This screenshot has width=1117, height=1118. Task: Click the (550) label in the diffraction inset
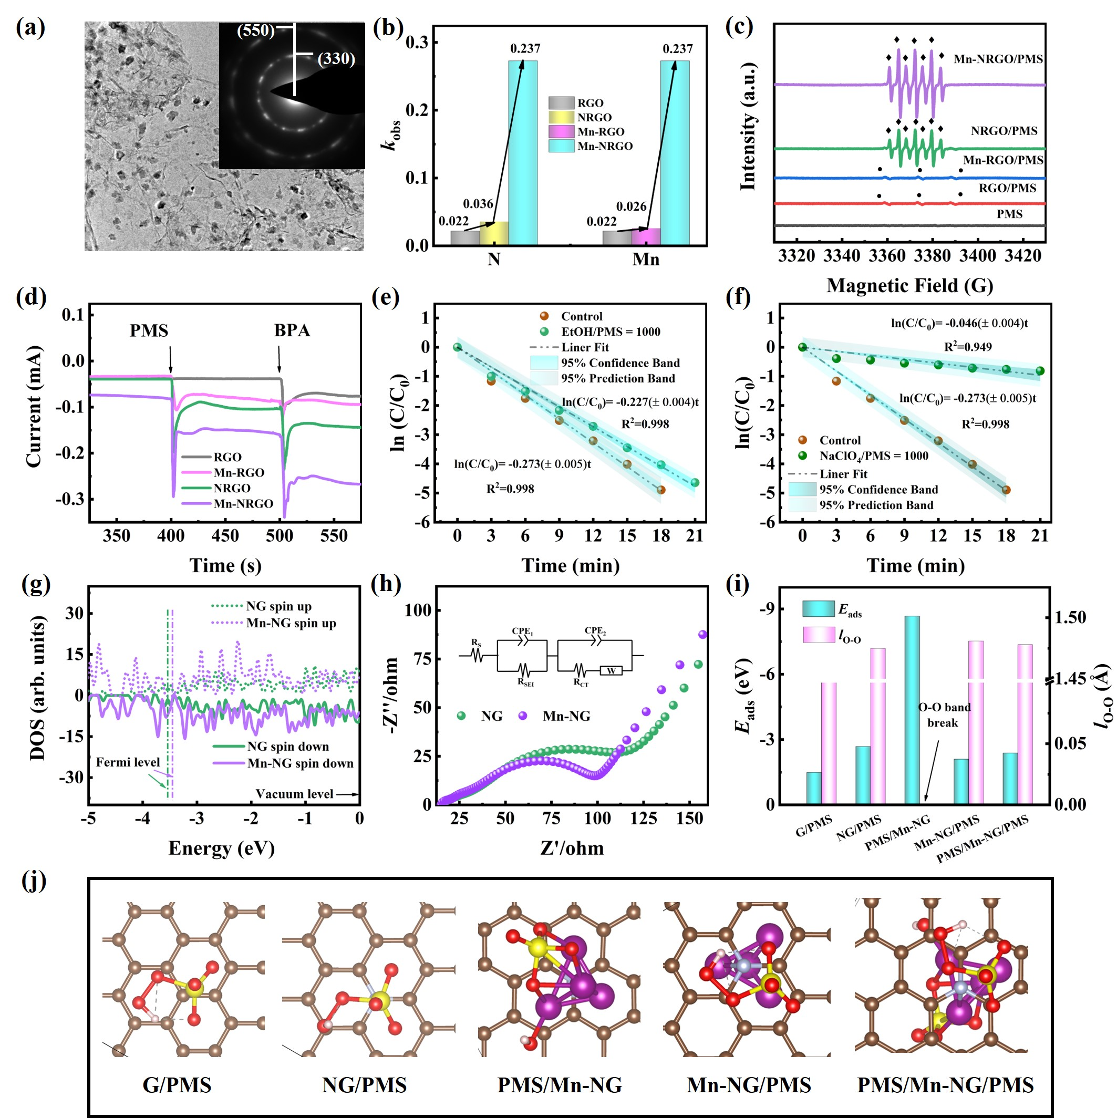(255, 30)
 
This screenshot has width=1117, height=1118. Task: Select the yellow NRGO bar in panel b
(494, 233)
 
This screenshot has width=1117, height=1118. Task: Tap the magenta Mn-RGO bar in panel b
(646, 236)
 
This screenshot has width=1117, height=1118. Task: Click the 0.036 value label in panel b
(478, 204)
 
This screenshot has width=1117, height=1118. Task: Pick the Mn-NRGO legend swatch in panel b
(561, 146)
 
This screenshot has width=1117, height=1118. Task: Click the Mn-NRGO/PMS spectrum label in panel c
(998, 59)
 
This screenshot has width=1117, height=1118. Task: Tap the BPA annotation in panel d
(292, 330)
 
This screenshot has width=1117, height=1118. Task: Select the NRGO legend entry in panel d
(232, 488)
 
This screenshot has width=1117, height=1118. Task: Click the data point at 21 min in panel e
(695, 483)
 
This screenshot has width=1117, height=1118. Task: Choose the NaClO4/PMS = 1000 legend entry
(873, 456)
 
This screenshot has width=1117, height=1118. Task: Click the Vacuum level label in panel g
(294, 794)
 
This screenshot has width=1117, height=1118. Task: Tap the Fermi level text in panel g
(127, 762)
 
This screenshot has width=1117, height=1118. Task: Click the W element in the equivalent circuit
(611, 671)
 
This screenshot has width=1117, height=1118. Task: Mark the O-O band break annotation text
(944, 715)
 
